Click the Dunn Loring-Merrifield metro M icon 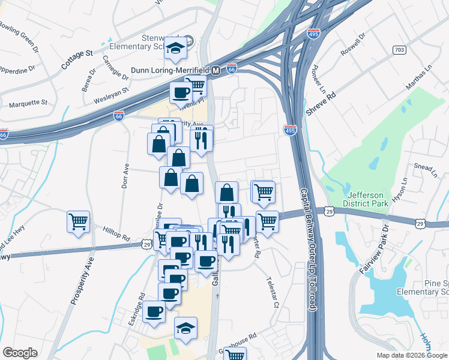click(215, 70)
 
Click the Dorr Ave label click(125, 176)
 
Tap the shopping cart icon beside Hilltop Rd click(78, 221)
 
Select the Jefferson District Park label click(367, 197)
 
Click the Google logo click(20, 353)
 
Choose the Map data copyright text click(411, 355)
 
